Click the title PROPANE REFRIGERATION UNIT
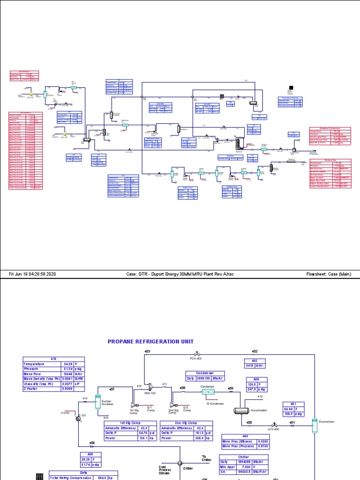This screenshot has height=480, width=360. pos(150,342)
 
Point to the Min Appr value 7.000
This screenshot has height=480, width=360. pos(259,467)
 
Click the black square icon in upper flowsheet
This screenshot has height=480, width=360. pos(292,88)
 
